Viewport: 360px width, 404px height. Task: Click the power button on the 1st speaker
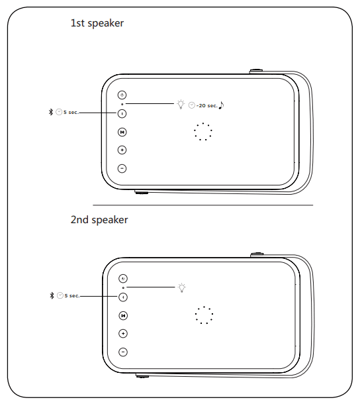(x=122, y=95)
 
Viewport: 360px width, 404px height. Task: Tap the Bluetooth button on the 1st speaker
(x=122, y=114)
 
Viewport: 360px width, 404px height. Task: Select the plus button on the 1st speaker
(x=122, y=150)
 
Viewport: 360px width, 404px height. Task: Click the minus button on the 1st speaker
(x=122, y=168)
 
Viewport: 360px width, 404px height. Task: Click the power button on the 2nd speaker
(x=123, y=279)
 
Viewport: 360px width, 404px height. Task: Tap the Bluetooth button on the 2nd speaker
(x=123, y=297)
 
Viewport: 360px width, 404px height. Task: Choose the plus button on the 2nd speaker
(x=123, y=334)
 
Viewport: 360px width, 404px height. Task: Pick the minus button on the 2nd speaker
(x=123, y=352)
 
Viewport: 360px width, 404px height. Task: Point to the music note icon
(x=221, y=105)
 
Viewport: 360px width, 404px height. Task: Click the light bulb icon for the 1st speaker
(x=181, y=105)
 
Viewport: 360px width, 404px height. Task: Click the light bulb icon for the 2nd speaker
(x=182, y=288)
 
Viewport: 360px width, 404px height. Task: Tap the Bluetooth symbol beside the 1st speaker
(x=51, y=112)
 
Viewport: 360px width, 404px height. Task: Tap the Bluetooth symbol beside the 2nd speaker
(x=52, y=295)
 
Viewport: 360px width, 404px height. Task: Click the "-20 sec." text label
(x=206, y=106)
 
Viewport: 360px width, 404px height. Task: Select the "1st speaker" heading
(x=97, y=23)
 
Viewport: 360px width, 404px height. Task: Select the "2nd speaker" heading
(x=99, y=220)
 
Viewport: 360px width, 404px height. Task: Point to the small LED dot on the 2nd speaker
(x=123, y=287)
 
